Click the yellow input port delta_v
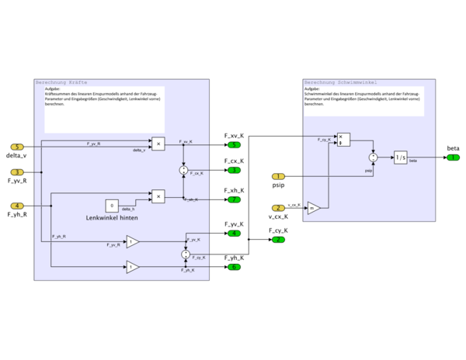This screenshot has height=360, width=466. point(17,147)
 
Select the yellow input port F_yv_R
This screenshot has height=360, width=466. point(17,172)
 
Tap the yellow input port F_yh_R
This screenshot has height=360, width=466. point(17,206)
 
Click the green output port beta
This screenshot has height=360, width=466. point(453,157)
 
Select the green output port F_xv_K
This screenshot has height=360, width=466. point(234,145)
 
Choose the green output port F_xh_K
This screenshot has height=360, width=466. point(234,199)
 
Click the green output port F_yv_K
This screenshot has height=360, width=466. point(234,233)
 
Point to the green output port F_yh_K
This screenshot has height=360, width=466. point(234,267)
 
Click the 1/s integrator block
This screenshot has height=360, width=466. point(400,157)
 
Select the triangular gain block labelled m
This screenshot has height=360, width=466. point(312,208)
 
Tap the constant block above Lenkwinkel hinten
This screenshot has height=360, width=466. point(113,206)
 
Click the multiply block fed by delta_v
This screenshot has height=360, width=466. point(158,144)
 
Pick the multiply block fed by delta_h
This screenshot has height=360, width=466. point(158,196)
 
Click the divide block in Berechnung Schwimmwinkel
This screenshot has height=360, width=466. point(343,140)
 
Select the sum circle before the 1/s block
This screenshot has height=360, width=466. point(374,157)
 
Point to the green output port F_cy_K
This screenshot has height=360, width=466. point(278,240)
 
